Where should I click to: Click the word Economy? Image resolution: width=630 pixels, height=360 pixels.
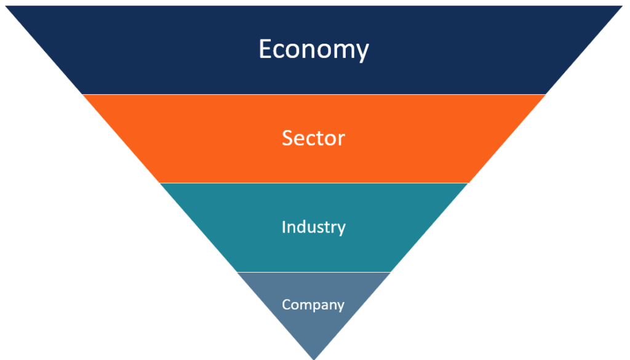pyautogui.click(x=313, y=49)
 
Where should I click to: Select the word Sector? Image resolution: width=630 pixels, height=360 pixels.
pyautogui.click(x=313, y=138)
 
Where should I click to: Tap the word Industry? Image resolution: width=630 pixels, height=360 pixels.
pyautogui.click(x=313, y=227)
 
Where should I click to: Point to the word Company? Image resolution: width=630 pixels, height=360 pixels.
pyautogui.click(x=313, y=305)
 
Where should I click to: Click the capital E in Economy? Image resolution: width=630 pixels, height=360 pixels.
pyautogui.click(x=266, y=49)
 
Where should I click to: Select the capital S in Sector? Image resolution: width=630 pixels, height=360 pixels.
pyautogui.click(x=287, y=138)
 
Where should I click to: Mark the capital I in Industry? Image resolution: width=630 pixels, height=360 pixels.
pyautogui.click(x=284, y=226)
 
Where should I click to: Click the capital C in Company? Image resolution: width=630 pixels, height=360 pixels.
pyautogui.click(x=287, y=304)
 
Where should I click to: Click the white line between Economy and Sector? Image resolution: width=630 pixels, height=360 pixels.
pyautogui.click(x=314, y=94)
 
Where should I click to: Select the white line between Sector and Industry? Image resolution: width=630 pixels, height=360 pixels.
pyautogui.click(x=314, y=183)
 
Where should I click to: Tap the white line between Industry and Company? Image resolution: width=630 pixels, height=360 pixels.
pyautogui.click(x=314, y=272)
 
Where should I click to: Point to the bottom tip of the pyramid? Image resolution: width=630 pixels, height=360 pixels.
pyautogui.click(x=314, y=359)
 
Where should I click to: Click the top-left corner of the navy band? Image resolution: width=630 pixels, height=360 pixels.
pyautogui.click(x=6, y=6)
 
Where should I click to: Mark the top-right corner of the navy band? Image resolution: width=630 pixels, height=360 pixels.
pyautogui.click(x=623, y=6)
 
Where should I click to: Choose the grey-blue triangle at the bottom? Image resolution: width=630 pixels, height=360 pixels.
pyautogui.click(x=314, y=305)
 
